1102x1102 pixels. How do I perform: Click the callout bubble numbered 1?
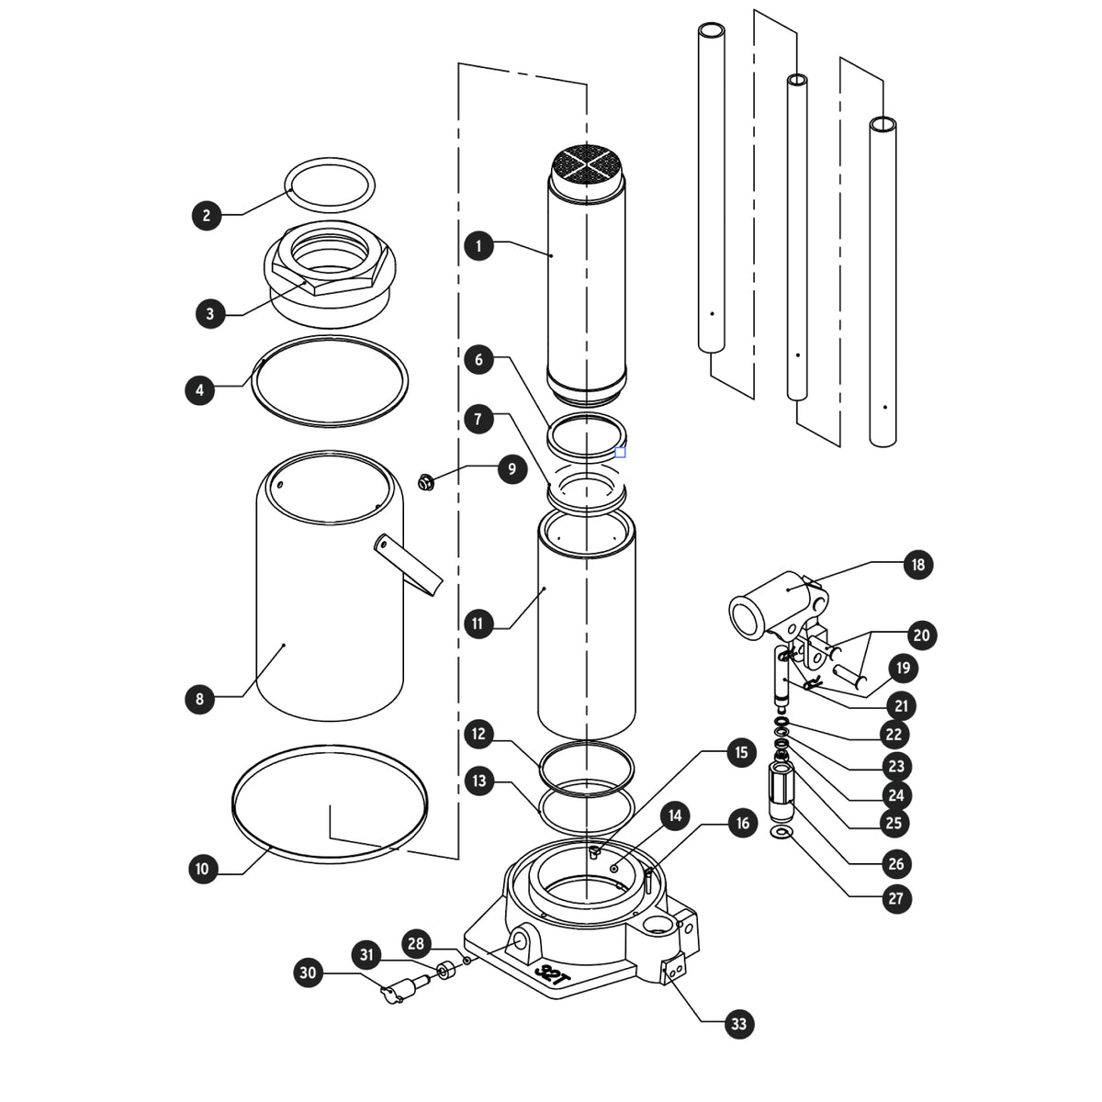[478, 246]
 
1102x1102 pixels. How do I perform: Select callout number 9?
[512, 469]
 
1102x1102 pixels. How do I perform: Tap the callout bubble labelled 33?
[739, 1024]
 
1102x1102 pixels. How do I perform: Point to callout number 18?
[917, 565]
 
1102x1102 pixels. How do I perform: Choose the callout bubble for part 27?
[896, 898]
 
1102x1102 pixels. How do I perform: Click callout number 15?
[741, 752]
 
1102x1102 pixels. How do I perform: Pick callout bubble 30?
[309, 973]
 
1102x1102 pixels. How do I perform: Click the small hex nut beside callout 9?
[425, 482]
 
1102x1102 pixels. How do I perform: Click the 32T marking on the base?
[552, 975]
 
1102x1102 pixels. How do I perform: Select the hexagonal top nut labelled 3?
[330, 274]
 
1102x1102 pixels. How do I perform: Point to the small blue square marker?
[620, 453]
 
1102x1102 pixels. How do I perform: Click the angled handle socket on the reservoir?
[409, 565]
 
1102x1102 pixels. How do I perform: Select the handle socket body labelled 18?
[778, 606]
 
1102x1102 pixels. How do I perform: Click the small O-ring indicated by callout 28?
[467, 961]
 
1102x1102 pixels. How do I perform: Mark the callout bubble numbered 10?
[203, 869]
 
